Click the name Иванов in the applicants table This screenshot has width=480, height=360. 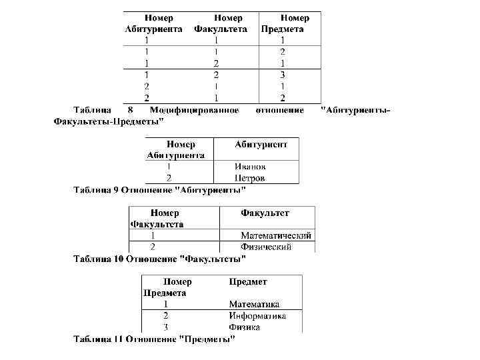pos(250,167)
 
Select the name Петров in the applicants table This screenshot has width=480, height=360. pos(250,178)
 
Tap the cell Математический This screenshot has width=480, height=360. pos(275,235)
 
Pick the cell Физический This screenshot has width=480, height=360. pos(266,247)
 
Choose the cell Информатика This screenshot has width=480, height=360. pos(257,315)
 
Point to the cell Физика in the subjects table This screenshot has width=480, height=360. pos(244,327)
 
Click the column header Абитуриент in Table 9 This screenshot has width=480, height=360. pos(261,144)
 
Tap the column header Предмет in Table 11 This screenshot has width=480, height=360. pos(247,282)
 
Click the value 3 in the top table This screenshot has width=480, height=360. pos(283,75)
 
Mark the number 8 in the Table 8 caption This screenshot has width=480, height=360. pos(131,110)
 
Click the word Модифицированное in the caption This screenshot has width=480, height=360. pos(194,110)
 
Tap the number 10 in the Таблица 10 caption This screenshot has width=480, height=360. pos(118,258)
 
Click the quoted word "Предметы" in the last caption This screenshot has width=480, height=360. pos(207,339)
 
